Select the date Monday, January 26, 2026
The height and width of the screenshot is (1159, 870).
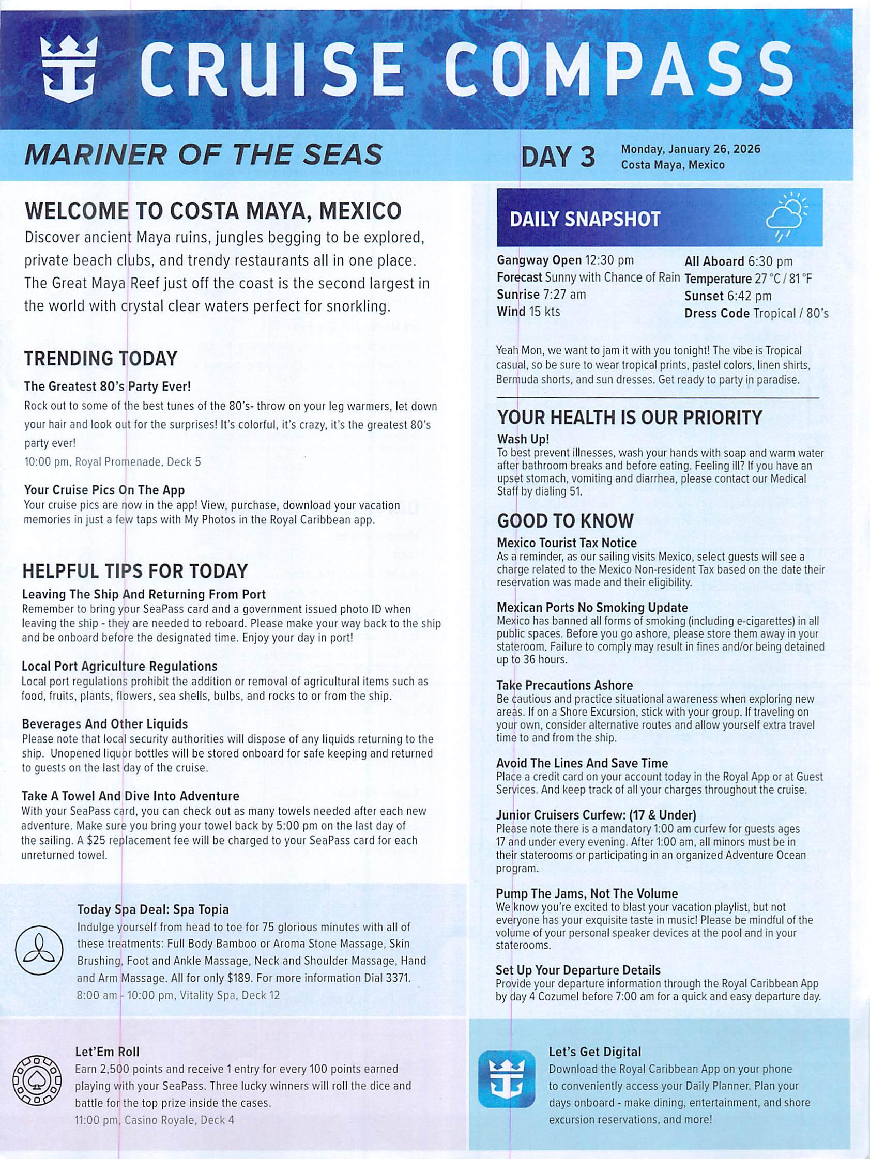point(690,149)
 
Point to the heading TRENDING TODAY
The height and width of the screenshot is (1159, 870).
point(101,359)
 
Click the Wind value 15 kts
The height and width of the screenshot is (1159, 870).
point(544,312)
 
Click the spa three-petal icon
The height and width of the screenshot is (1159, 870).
point(39,951)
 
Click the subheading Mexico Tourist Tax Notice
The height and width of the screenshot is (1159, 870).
point(567,543)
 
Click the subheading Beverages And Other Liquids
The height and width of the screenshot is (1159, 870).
point(104,723)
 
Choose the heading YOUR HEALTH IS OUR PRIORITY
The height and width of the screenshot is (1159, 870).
point(630,418)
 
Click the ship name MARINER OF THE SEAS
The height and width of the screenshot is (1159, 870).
point(203,154)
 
